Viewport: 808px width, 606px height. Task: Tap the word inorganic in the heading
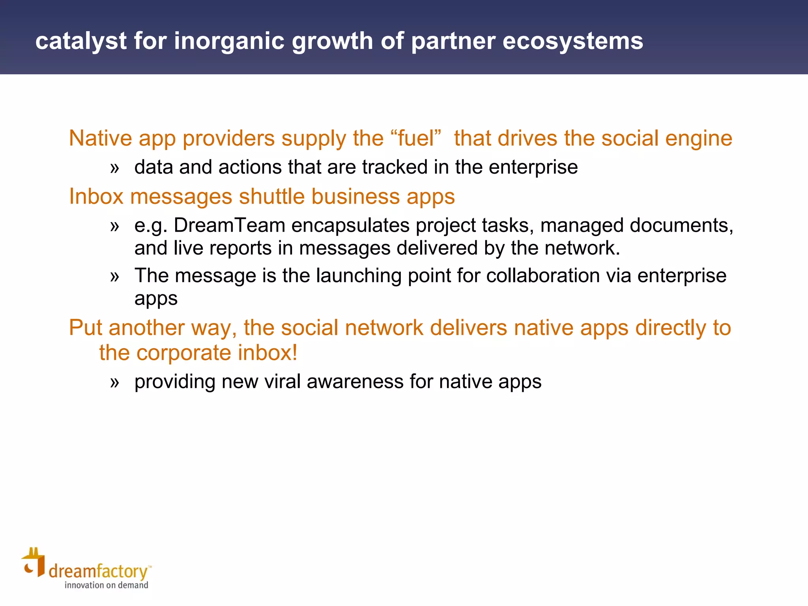(229, 41)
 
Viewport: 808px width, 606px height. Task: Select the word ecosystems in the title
(572, 41)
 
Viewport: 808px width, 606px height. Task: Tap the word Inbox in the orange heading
(96, 196)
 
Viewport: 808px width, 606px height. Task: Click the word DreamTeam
(229, 226)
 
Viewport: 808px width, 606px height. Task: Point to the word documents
(681, 226)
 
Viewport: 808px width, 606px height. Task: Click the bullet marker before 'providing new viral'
(114, 382)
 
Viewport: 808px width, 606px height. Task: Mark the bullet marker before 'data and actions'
(114, 168)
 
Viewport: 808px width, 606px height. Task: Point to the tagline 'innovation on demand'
(107, 585)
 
